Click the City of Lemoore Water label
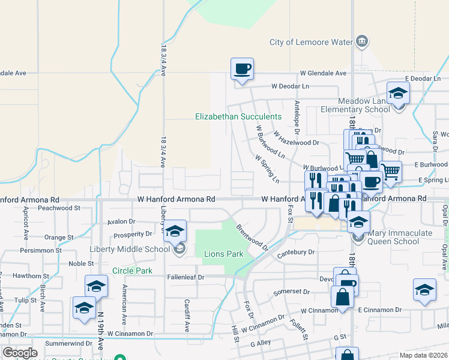pos(310,42)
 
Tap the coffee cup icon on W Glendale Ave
pos(242,70)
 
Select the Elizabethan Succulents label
pos(238,116)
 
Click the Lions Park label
pos(223,254)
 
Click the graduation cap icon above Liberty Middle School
pos(174,231)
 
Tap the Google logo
pos(20,353)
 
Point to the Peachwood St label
pos(59,208)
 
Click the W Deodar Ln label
pos(290,86)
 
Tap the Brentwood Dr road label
pos(252,237)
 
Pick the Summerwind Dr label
pos(68,344)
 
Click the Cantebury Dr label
pos(296,253)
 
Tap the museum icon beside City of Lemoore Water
pos(363,41)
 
